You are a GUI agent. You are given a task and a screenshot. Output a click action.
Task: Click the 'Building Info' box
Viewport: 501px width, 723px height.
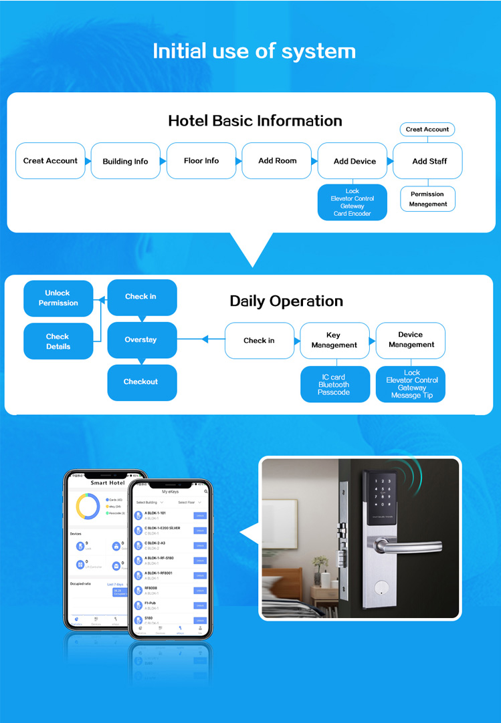tap(125, 161)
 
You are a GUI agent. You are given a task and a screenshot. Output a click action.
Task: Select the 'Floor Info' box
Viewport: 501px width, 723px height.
tap(201, 160)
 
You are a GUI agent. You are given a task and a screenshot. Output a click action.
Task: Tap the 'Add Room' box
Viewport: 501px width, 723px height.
tap(277, 160)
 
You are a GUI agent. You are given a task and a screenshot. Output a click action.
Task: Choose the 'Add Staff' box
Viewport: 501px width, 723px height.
tap(429, 161)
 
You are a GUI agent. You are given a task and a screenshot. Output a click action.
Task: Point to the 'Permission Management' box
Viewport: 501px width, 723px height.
tap(427, 199)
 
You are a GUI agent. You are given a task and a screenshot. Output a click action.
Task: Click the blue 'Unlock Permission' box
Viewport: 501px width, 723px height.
tap(58, 298)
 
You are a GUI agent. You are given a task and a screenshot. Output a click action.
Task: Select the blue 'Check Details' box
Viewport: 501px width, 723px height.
tap(58, 341)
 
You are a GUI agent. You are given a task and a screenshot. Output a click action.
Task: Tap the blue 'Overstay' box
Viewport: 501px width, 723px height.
tap(141, 339)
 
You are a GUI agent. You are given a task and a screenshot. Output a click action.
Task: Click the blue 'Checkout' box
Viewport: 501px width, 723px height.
tap(141, 382)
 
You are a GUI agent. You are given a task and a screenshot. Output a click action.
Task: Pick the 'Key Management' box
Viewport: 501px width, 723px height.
tap(334, 340)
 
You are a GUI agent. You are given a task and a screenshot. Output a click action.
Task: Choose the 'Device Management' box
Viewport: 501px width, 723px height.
tap(411, 339)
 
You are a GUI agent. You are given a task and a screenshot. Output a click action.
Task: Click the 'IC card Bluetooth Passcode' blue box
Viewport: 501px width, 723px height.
tap(334, 385)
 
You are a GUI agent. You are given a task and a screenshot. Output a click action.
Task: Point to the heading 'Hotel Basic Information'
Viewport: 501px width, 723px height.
tap(255, 121)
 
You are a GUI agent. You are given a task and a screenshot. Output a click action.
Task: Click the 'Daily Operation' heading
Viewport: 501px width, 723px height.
tap(286, 301)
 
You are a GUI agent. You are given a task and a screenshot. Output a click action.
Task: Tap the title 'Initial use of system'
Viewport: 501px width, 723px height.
tap(254, 51)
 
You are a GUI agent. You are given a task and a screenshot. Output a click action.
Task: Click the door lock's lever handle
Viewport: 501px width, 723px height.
tap(408, 546)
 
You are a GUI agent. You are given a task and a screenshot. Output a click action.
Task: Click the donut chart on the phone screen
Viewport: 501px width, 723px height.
tap(88, 507)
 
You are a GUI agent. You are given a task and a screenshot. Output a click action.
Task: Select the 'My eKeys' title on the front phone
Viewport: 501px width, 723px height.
tap(171, 491)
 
